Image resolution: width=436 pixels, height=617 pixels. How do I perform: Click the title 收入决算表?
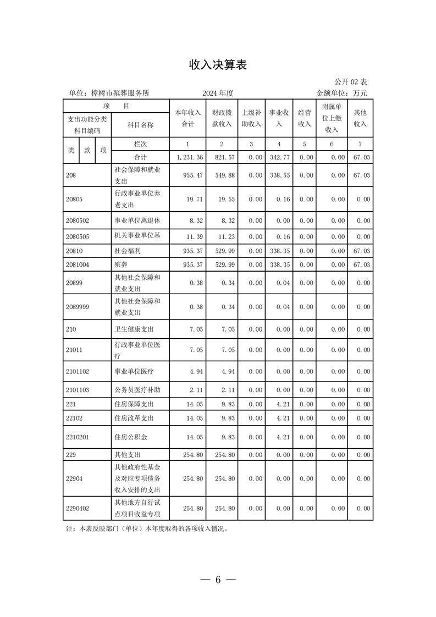pyautogui.click(x=218, y=65)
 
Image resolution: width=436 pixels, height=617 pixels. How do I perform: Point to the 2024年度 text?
pyautogui.click(x=218, y=93)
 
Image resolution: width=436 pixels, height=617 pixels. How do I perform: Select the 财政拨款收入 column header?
pyautogui.click(x=222, y=118)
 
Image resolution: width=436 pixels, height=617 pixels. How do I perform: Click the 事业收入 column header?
pyautogui.click(x=279, y=118)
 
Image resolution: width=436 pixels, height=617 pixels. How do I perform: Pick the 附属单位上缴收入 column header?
pyautogui.click(x=331, y=118)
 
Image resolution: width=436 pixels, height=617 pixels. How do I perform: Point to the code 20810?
pyautogui.click(x=73, y=251)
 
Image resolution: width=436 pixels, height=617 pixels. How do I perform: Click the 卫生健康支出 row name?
pyautogui.click(x=134, y=329)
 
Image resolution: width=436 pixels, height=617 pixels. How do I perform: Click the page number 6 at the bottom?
pyautogui.click(x=218, y=580)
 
